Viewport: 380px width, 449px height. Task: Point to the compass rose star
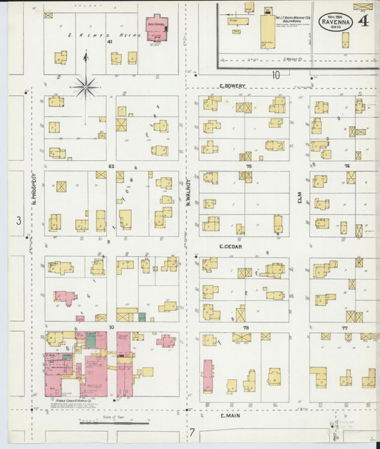[85, 88]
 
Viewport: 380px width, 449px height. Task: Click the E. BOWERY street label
[232, 86]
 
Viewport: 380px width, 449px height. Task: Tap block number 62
[111, 166]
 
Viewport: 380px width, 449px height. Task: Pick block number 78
[245, 328]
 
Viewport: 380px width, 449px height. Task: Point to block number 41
[111, 42]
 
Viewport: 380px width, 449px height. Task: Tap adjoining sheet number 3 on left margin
[19, 221]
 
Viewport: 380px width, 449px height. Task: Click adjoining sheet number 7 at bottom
[191, 431]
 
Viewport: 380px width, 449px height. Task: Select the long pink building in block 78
[207, 376]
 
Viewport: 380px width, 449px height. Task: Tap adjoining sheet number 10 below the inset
[274, 74]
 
